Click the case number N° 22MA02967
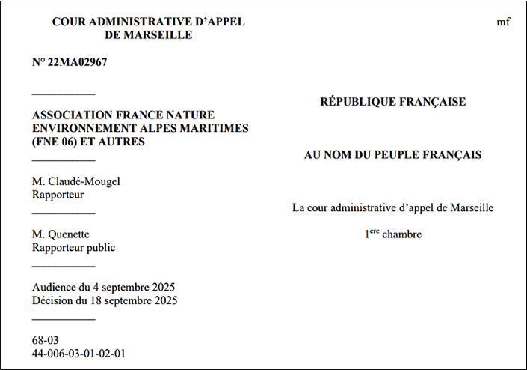pyautogui.click(x=70, y=62)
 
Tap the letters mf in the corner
pyautogui.click(x=503, y=22)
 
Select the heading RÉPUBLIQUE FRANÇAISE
pyautogui.click(x=392, y=102)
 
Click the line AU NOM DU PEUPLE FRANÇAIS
pyautogui.click(x=392, y=155)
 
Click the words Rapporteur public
pyautogui.click(x=73, y=247)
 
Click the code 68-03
pyautogui.click(x=44, y=340)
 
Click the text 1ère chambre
pyautogui.click(x=392, y=234)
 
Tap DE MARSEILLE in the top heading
pyautogui.click(x=148, y=34)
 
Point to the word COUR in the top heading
pyautogui.click(x=70, y=22)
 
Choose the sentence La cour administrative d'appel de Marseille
pyautogui.click(x=392, y=207)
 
